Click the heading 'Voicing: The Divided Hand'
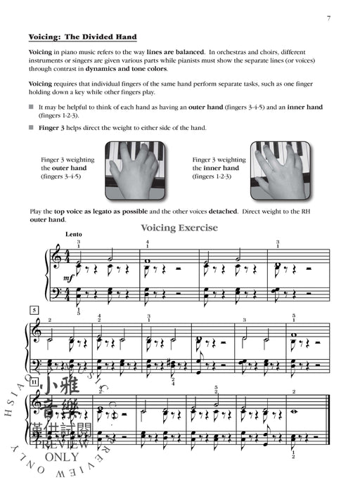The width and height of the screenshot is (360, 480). point(82,37)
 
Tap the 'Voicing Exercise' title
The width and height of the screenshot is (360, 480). point(179,228)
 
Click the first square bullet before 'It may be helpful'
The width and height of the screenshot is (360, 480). point(31,107)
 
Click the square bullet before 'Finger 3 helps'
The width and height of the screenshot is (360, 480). point(31,127)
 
